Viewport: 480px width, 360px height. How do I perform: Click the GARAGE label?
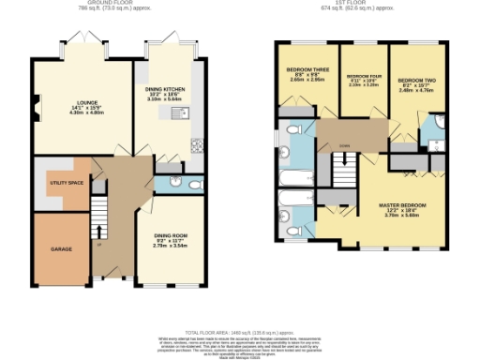[49, 249]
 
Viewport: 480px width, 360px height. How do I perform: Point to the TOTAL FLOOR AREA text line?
[240, 332]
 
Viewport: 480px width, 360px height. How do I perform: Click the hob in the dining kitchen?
[197, 144]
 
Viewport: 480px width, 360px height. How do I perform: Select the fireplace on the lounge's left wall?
[35, 112]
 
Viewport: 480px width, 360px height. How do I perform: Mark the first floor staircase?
[344, 172]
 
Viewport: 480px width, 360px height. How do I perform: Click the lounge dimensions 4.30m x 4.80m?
[75, 114]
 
